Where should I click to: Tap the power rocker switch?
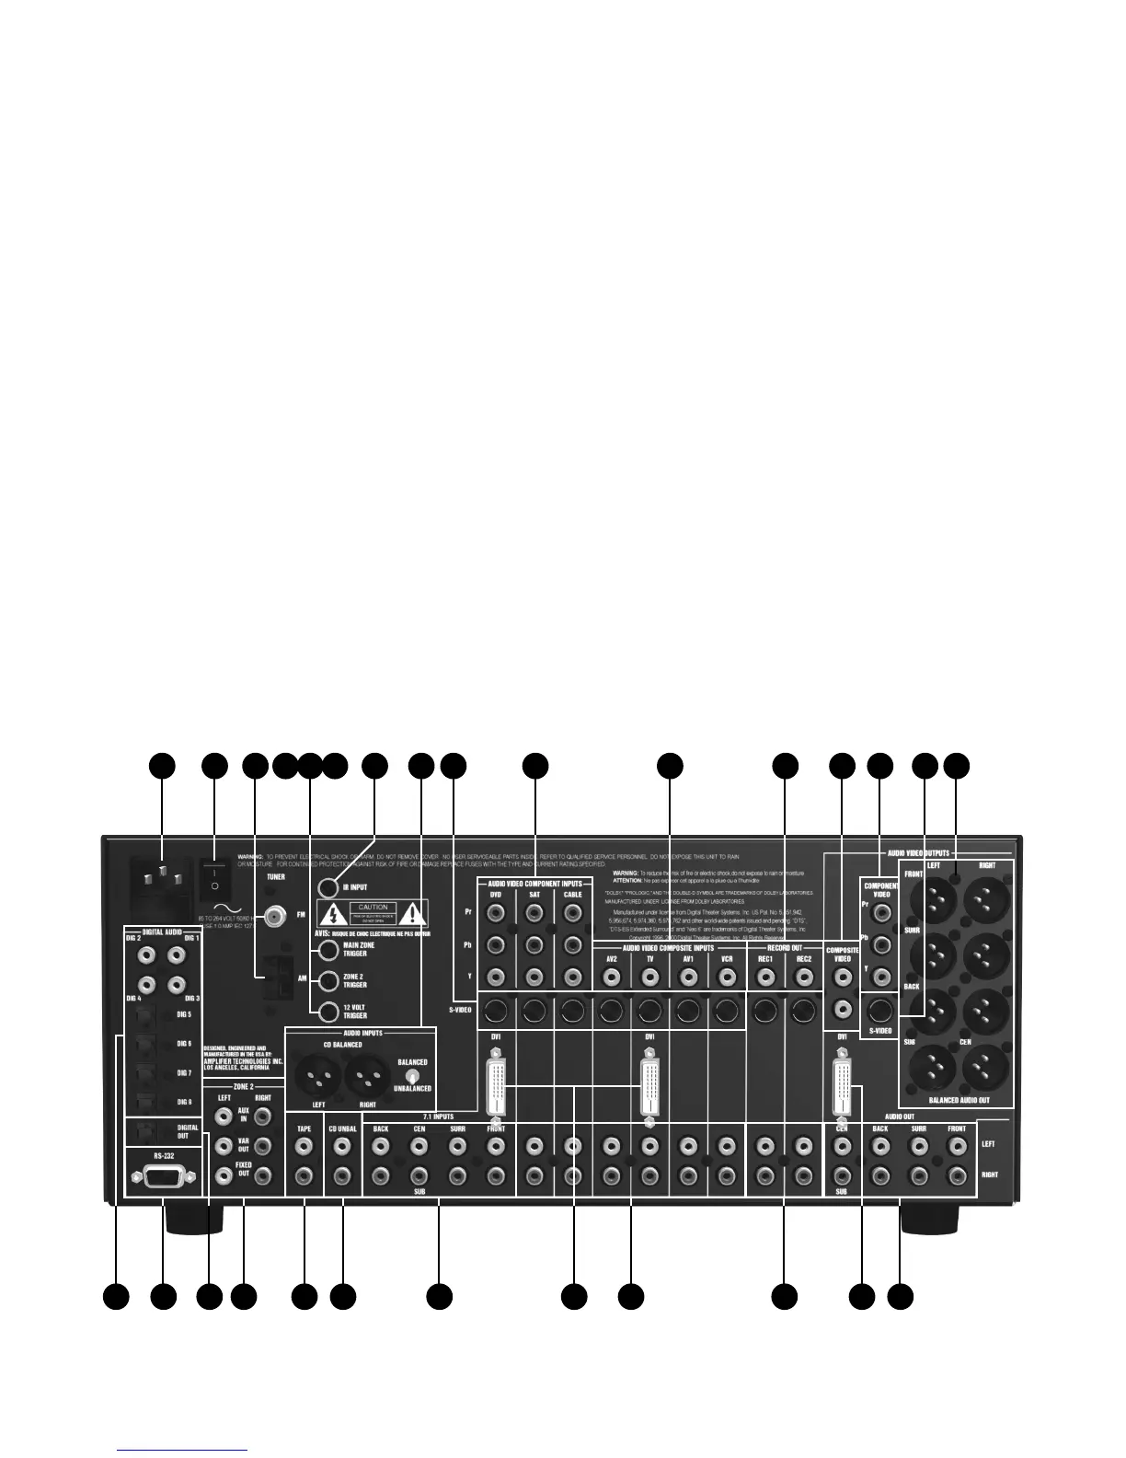coord(213,876)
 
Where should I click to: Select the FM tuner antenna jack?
coord(273,917)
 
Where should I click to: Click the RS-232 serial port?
coord(162,1175)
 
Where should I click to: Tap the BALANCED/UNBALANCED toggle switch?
coord(413,1075)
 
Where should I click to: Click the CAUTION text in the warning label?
coord(373,908)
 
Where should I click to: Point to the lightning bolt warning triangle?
coord(331,913)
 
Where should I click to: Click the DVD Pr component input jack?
coord(496,913)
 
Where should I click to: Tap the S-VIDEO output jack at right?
coord(880,1009)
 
